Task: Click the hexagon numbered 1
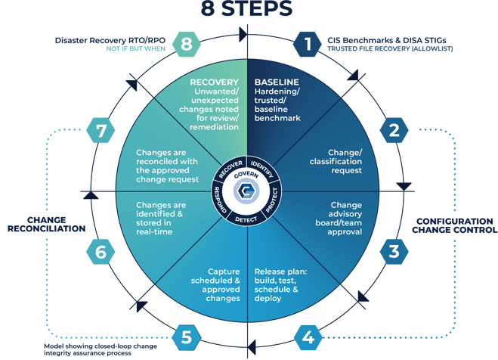tap(308, 44)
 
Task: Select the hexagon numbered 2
tap(394, 130)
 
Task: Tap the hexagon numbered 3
tap(394, 252)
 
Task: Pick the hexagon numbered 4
tap(308, 337)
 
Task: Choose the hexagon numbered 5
tap(187, 337)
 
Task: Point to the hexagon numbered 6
tap(101, 252)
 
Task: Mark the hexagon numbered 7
tap(101, 130)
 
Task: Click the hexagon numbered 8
tap(187, 44)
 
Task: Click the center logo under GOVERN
tap(246, 191)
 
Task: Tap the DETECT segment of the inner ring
tap(246, 219)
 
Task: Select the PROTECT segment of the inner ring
tap(273, 200)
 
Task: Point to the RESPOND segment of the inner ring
tap(219, 200)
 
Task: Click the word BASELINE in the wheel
tap(277, 82)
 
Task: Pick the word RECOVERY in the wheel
tap(214, 82)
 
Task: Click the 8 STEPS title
tap(246, 8)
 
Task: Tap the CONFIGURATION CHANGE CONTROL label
tap(454, 225)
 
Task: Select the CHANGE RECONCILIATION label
tap(47, 225)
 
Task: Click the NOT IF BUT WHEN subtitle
tap(135, 48)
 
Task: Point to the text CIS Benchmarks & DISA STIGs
tap(387, 40)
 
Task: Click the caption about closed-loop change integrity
tap(101, 349)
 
